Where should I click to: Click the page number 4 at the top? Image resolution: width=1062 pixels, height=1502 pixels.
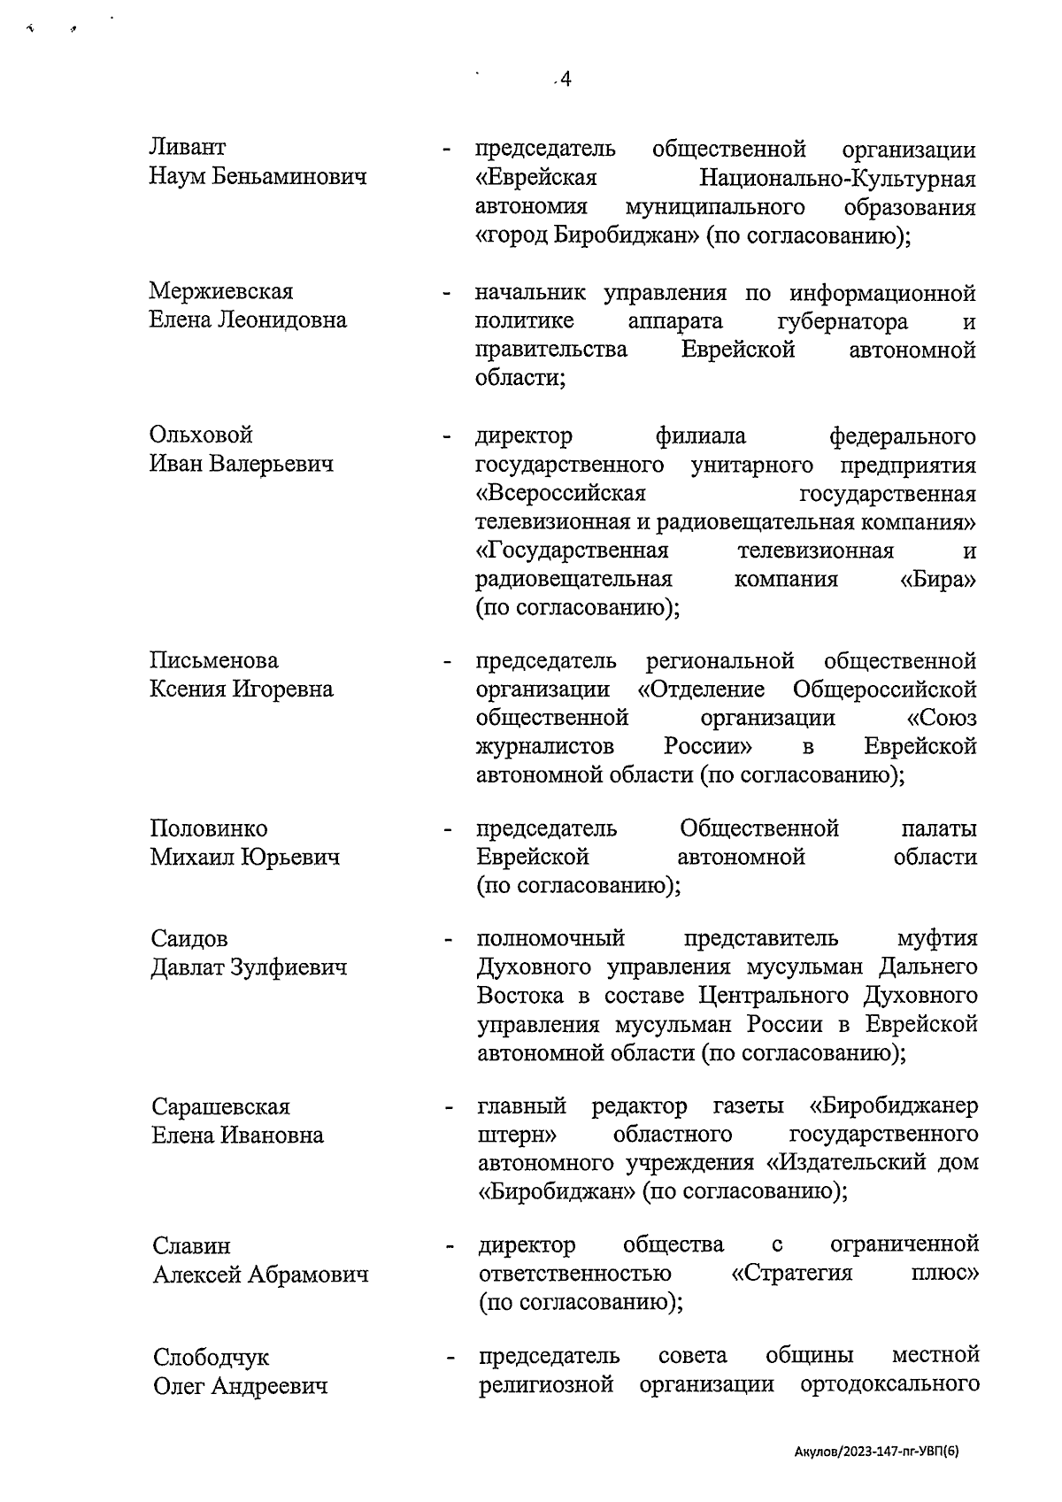565,81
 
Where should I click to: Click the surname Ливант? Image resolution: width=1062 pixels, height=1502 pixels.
187,147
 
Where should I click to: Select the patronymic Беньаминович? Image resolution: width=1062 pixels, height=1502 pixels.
288,177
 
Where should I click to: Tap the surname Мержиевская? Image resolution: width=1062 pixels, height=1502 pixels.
221,291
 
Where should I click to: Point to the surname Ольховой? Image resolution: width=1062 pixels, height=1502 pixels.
201,435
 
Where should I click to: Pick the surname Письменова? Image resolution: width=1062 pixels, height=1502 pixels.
214,660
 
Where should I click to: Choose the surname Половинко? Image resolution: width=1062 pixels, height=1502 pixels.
209,828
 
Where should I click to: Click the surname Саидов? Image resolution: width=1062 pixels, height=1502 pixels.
189,938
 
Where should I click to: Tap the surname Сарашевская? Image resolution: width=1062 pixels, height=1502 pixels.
221,1107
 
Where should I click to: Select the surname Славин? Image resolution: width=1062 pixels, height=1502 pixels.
191,1246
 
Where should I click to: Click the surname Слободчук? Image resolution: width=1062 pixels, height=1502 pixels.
212,1358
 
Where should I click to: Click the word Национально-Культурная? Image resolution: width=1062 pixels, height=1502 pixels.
837,179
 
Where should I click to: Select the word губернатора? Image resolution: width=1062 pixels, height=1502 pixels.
843,320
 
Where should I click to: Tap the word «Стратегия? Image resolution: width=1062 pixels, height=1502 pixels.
792,1274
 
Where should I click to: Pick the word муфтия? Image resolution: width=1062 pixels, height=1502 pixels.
937,938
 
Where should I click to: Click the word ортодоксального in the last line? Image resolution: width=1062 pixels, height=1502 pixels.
889,1385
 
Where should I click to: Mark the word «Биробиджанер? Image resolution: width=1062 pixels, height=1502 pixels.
894,1107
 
